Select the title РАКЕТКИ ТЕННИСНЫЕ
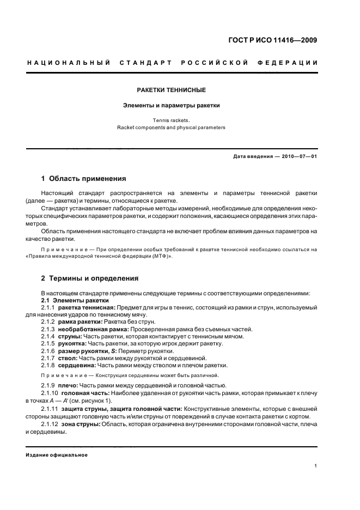171,90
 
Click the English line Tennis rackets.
171,120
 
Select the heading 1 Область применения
84,178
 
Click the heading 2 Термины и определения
90,278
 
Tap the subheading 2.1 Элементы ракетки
75,300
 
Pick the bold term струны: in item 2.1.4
71,337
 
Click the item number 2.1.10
50,392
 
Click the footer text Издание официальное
57,455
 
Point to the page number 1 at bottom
316,466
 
